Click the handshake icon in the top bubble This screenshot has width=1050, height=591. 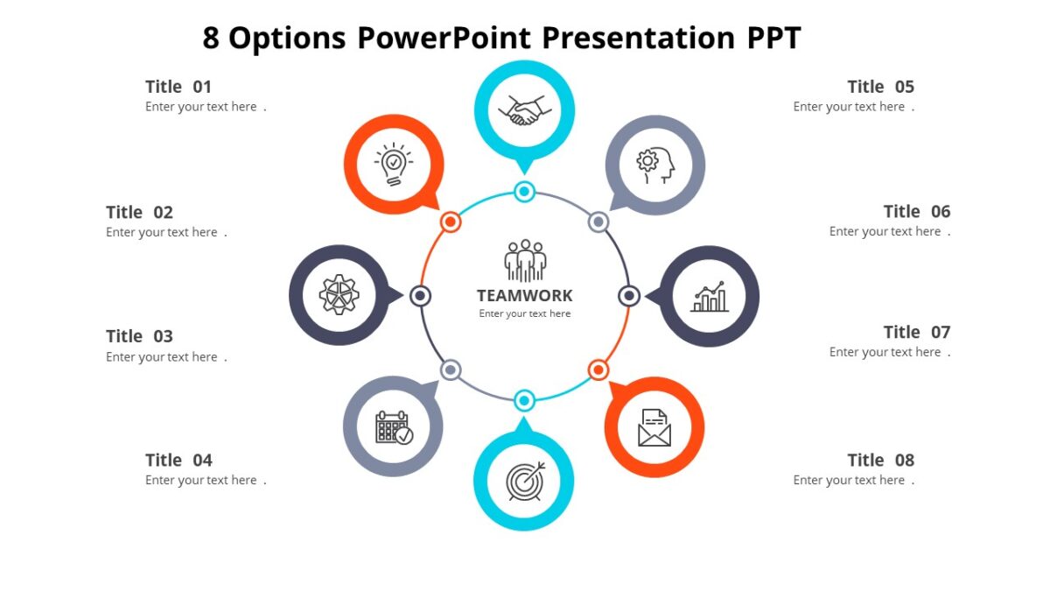(524, 110)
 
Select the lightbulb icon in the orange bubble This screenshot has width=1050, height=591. (394, 165)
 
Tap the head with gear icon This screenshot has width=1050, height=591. (655, 165)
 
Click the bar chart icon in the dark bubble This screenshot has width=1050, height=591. (709, 297)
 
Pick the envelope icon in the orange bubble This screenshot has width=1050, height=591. (654, 427)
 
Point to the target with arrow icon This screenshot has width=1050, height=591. (524, 481)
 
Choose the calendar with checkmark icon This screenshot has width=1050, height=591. (394, 427)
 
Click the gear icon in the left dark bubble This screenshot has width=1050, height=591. (339, 295)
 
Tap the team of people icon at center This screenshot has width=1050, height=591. (525, 260)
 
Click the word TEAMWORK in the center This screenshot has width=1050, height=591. (525, 296)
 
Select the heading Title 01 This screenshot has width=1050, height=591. (178, 87)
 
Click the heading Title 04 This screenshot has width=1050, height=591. (178, 461)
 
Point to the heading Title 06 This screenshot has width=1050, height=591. (916, 212)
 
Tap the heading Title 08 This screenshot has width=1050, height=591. (880, 461)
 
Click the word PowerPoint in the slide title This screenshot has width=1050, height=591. (444, 39)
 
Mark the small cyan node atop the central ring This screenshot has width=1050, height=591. (524, 192)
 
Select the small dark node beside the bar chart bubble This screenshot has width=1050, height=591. (628, 296)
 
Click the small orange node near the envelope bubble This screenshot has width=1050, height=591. (598, 369)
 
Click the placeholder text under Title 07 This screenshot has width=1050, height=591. (889, 353)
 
